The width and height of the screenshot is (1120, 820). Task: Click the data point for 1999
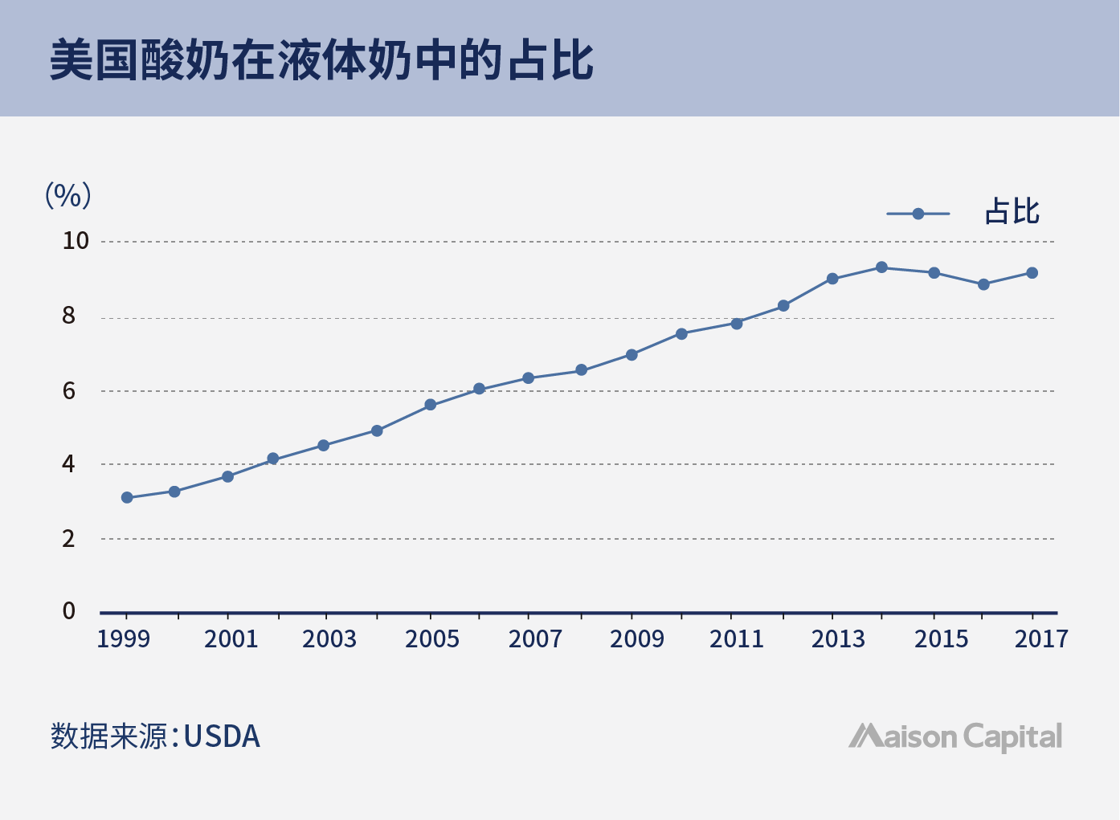(x=127, y=498)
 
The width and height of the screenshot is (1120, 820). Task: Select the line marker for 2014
(x=881, y=267)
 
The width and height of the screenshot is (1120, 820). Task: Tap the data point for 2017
(x=1032, y=273)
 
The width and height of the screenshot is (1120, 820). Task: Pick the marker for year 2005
(x=431, y=405)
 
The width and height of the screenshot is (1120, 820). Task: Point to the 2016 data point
(x=983, y=284)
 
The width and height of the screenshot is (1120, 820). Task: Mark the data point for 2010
(x=681, y=334)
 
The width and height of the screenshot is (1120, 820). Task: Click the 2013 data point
(x=832, y=279)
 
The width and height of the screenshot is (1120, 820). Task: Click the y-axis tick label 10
(x=76, y=241)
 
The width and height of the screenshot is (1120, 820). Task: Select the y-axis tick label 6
(x=69, y=391)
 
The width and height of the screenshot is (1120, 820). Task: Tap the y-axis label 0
(x=69, y=611)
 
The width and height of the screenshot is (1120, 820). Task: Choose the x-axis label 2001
(x=231, y=639)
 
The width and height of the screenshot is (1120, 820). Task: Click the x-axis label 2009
(x=636, y=639)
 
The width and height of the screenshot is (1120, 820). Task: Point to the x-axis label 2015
(x=941, y=639)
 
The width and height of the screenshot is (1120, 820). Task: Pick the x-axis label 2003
(x=329, y=639)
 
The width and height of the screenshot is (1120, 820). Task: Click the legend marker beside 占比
(x=918, y=214)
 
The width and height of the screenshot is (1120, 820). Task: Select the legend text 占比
(x=1012, y=213)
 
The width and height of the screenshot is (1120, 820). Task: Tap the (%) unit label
(x=67, y=195)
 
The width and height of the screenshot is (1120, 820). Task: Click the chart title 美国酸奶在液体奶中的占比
(x=321, y=60)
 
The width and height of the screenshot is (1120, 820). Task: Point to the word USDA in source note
(x=222, y=736)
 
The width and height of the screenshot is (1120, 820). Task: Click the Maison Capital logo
(x=955, y=736)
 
